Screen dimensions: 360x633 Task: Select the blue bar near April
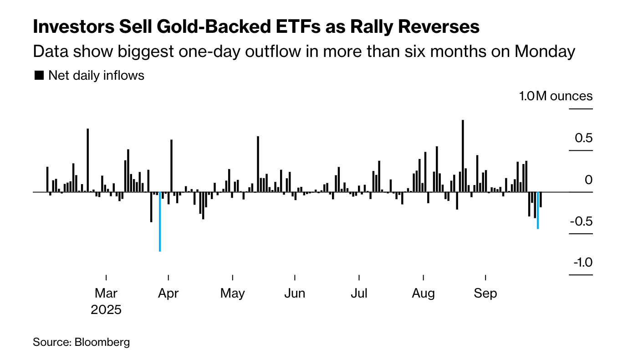pos(159,221)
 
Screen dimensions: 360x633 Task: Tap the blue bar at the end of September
pos(538,210)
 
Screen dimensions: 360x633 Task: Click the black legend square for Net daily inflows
pos(39,76)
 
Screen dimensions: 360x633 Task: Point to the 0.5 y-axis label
pos(582,138)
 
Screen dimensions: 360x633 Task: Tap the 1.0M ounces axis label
pos(556,97)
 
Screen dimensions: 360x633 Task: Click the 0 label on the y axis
pos(589,180)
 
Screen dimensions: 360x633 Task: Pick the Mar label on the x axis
pos(106,293)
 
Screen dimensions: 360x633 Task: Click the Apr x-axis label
pos(168,293)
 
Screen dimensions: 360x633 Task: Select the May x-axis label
pos(233,293)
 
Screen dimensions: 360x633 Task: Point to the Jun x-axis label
pos(295,293)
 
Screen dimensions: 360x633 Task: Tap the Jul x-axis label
pos(359,293)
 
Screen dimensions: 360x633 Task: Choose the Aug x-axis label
pos(424,293)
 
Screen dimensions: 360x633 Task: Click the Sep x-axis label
pos(485,293)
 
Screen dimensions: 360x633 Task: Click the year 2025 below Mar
pos(106,310)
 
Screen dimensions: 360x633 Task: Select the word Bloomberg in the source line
pos(102,342)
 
